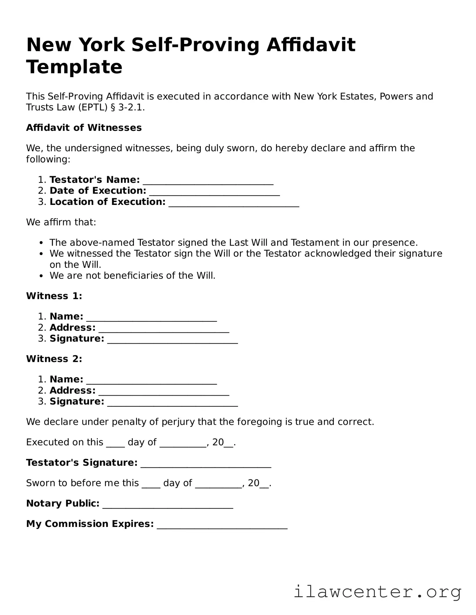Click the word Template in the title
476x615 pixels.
point(74,67)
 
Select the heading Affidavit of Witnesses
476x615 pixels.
point(84,128)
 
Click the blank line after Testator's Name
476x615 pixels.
point(208,182)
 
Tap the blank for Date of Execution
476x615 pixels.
point(214,193)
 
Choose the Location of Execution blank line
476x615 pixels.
point(234,205)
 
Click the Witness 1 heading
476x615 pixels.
point(54,296)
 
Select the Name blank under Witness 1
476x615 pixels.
point(152,319)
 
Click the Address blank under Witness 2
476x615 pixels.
point(164,393)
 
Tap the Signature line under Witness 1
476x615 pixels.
point(172,341)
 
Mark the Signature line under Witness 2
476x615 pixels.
point(172,404)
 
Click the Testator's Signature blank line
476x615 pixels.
point(206,465)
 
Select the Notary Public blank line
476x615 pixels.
point(168,506)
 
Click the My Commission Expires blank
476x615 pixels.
point(222,526)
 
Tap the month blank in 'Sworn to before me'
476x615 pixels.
point(218,485)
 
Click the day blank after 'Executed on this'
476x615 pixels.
point(115,445)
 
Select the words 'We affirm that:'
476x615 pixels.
point(61,222)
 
